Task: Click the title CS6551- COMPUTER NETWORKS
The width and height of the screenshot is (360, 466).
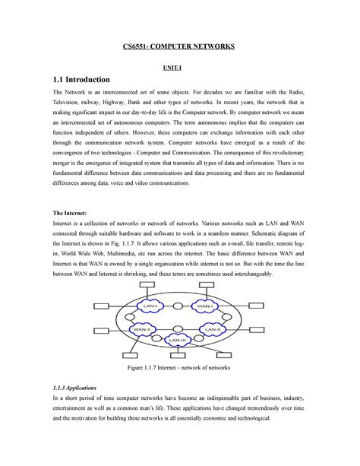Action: (x=180, y=47)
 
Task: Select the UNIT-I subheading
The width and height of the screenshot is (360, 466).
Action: (x=180, y=67)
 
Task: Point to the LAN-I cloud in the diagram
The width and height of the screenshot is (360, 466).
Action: (x=150, y=306)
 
